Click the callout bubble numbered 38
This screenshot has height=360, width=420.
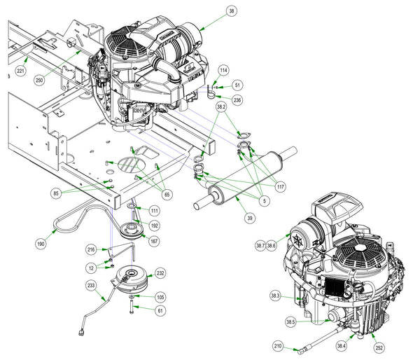(x=232, y=11)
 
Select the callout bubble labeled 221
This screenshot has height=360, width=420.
(x=20, y=71)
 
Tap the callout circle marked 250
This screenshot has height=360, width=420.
(x=39, y=80)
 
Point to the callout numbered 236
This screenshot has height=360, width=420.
(x=237, y=100)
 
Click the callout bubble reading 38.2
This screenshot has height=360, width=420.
(x=221, y=107)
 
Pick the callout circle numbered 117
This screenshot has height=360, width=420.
(x=280, y=186)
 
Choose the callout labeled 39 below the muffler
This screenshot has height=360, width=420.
(x=250, y=218)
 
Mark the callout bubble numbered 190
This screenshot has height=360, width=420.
(x=41, y=244)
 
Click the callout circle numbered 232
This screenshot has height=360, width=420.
(x=160, y=273)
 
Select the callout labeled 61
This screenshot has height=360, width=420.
(x=160, y=311)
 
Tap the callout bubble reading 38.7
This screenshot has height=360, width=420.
(x=260, y=245)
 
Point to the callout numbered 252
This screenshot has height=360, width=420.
(x=379, y=348)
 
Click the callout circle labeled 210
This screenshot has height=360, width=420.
(x=278, y=346)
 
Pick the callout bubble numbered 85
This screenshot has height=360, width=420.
(x=56, y=193)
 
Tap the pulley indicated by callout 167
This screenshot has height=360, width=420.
(x=132, y=230)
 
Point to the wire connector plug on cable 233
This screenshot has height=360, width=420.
(x=81, y=333)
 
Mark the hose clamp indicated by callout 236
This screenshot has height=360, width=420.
(x=211, y=95)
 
